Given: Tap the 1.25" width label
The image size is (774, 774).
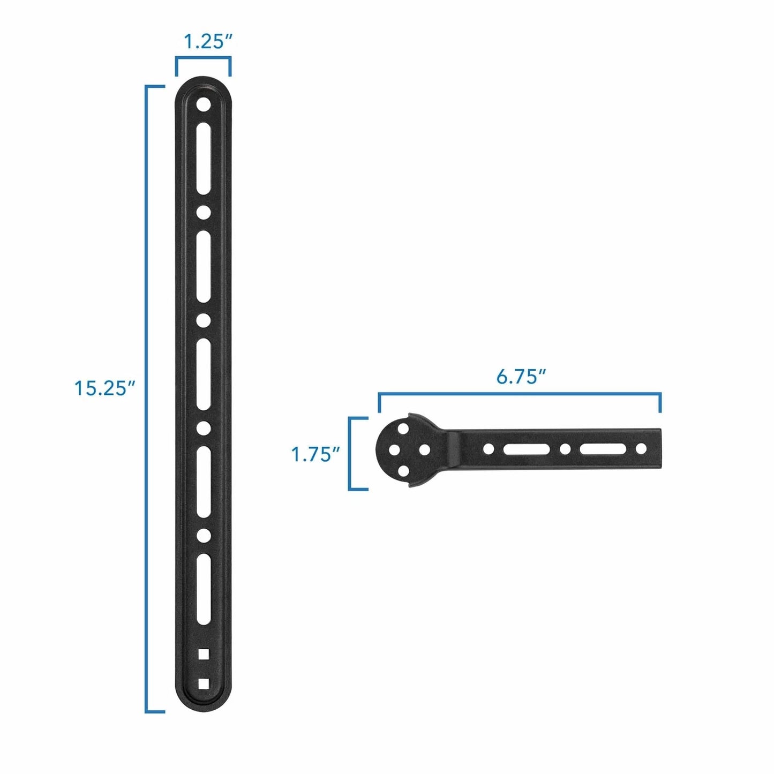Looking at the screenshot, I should tap(208, 42).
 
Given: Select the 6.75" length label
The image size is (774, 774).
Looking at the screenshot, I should tap(520, 376).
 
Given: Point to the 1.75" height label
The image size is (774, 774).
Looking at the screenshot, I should tap(315, 454).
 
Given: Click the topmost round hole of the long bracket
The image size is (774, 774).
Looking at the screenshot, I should tap(203, 104).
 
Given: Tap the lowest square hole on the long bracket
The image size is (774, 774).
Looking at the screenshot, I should tap(203, 683).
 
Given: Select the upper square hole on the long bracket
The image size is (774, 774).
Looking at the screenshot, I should tap(203, 653).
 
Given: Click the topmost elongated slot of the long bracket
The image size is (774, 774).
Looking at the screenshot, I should tap(203, 159).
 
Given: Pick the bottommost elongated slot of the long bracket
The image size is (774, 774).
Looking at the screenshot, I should tap(203, 589).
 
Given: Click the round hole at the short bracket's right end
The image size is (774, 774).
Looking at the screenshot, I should tap(641, 449).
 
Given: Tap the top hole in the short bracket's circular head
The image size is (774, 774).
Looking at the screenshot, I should tap(402, 430).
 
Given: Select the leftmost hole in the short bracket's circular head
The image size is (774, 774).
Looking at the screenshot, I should tap(394, 450).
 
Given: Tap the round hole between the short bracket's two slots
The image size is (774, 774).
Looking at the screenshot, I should tap(565, 449).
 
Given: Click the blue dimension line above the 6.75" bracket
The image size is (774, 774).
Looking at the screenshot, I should tap(520, 394).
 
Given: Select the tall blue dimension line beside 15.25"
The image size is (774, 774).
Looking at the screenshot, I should tap(146, 399).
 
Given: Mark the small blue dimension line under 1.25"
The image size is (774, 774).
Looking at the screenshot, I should tap(203, 59).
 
